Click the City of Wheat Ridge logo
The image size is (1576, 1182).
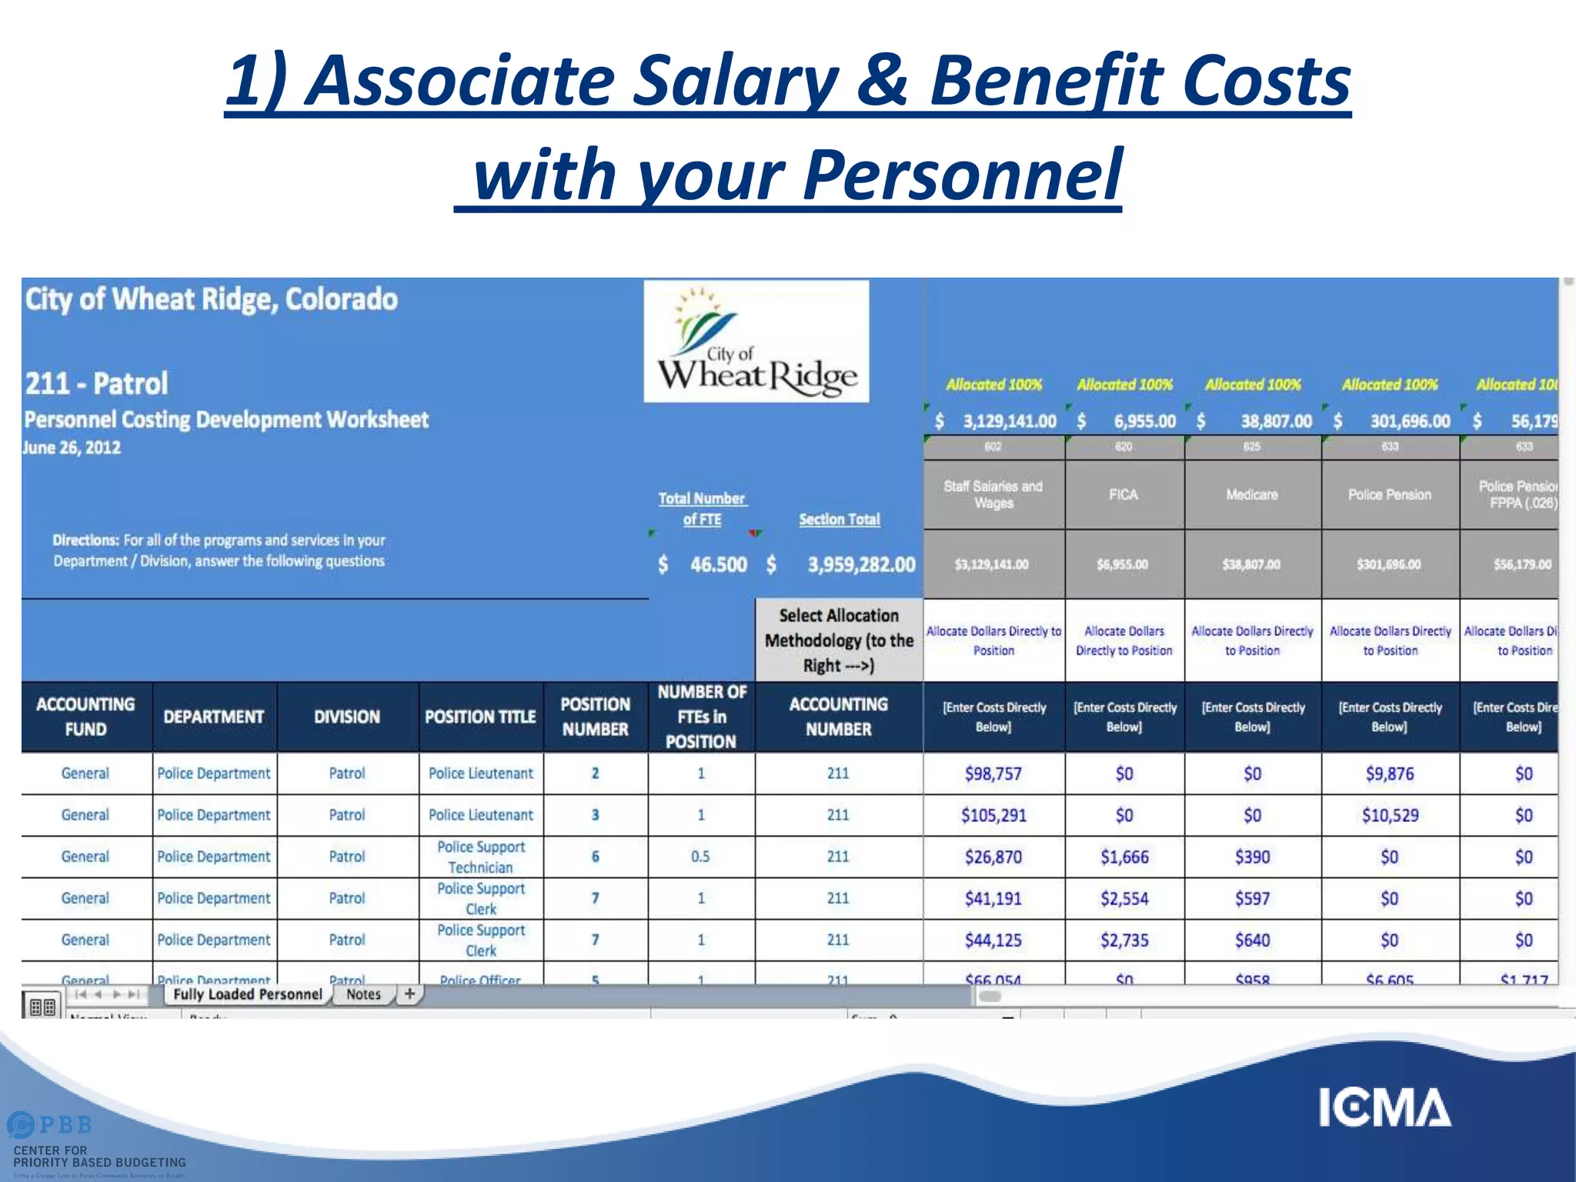(756, 342)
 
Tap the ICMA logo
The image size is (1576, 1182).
(1384, 1107)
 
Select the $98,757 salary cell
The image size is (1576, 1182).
(993, 773)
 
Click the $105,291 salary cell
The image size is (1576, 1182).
(993, 815)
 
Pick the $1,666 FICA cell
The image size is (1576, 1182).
(1124, 856)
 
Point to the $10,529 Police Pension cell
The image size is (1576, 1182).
(1389, 815)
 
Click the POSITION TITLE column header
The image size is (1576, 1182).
(480, 716)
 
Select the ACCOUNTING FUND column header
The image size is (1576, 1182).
(85, 716)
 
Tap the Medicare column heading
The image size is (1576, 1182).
(1252, 495)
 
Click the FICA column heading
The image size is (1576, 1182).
(1124, 495)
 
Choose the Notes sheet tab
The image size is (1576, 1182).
(363, 994)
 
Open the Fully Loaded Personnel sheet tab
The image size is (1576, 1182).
(248, 994)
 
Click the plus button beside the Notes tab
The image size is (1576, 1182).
(410, 993)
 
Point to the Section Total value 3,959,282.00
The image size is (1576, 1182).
(861, 565)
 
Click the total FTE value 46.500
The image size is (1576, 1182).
(718, 565)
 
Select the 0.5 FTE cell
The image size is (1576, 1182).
(700, 856)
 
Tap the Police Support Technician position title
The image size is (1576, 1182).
(481, 856)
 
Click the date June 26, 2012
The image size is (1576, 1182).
(72, 448)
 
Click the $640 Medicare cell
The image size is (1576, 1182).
(1252, 940)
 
